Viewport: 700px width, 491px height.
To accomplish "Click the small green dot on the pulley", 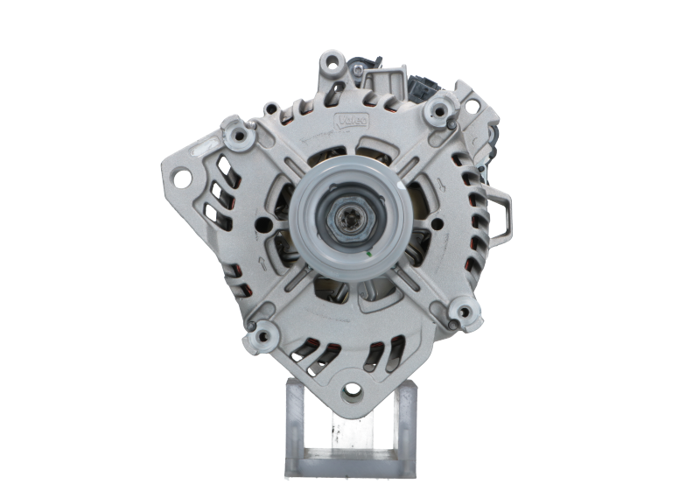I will (x=368, y=255).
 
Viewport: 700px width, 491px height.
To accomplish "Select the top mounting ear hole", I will (x=330, y=62).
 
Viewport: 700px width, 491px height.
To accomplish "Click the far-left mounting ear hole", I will (x=183, y=179).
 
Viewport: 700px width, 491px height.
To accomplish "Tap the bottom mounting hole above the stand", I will (x=352, y=389).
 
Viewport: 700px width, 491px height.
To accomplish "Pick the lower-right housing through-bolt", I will (x=460, y=308).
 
